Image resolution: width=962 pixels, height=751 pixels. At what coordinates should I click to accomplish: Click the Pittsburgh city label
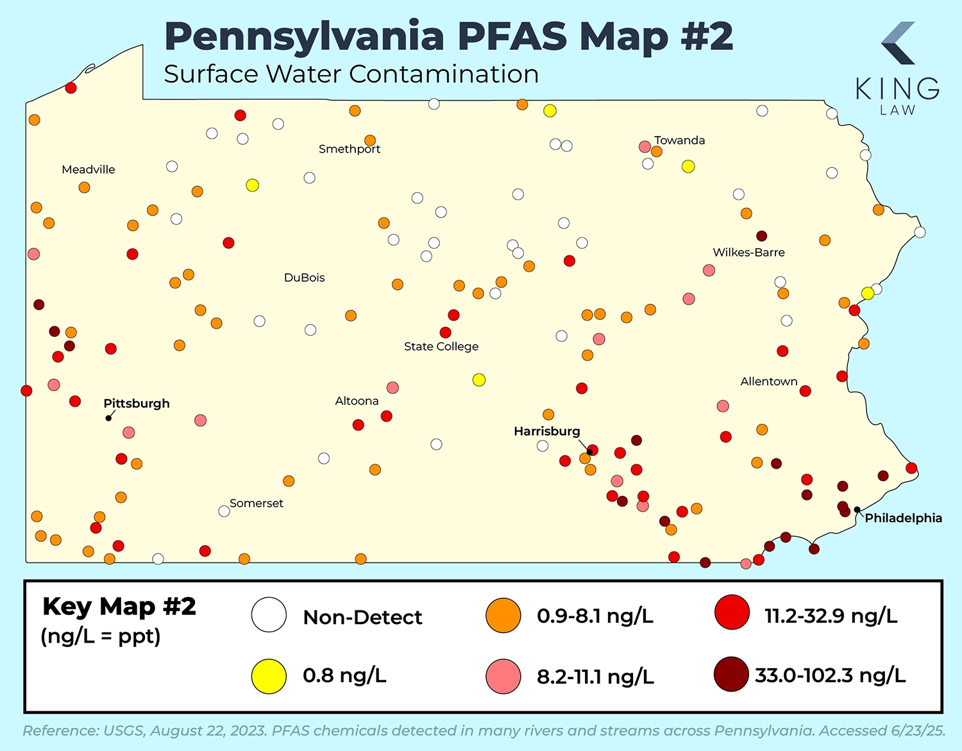137,403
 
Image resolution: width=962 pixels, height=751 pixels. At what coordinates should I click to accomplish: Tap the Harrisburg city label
546,431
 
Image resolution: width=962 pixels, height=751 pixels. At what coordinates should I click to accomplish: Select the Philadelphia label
903,518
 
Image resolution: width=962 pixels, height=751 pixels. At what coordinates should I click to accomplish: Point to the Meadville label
89,169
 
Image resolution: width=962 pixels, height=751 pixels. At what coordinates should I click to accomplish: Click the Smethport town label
350,149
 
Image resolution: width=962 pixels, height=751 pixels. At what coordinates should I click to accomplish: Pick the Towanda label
679,140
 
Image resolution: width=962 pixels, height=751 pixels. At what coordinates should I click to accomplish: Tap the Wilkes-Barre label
748,253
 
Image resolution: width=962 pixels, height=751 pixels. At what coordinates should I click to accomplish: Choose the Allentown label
769,382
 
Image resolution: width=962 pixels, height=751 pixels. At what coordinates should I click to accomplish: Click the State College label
441,346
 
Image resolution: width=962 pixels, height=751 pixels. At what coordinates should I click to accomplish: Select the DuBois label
305,278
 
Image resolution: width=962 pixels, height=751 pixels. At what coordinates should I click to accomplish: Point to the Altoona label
357,401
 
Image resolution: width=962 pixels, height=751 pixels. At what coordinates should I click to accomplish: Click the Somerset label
257,503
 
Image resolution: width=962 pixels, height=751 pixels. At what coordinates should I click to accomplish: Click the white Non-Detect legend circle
269,615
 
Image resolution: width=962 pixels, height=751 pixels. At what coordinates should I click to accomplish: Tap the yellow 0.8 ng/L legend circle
269,676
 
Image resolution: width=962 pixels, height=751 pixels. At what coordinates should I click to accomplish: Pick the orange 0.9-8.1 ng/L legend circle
503,616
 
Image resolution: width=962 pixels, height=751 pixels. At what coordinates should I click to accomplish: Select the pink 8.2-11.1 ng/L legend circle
503,677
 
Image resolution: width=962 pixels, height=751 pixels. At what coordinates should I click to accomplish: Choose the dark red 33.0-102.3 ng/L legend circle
731,675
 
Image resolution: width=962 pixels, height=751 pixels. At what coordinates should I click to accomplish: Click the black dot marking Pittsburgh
109,418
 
